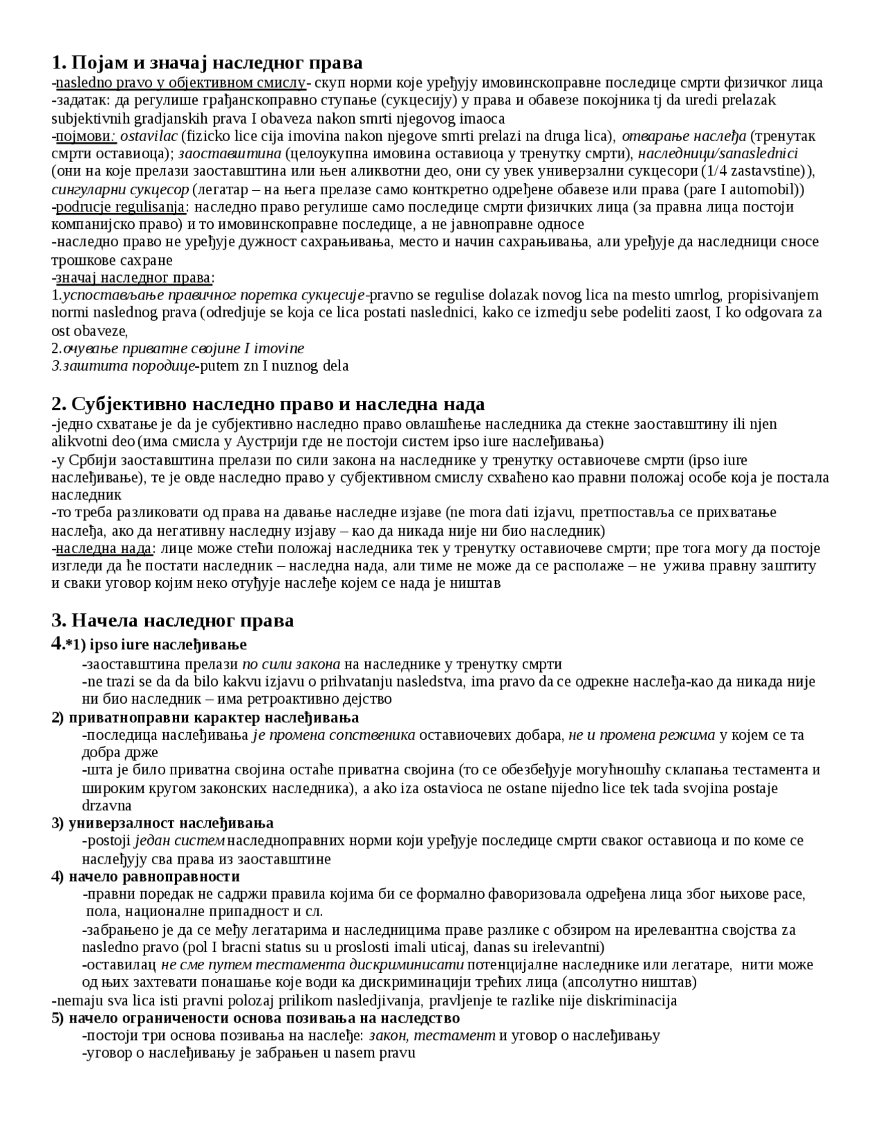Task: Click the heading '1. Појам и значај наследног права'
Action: [207, 63]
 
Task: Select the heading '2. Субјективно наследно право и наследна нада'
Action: [268, 404]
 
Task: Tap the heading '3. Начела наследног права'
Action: [173, 620]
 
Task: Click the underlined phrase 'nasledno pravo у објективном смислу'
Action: [180, 83]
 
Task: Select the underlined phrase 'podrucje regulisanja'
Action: [120, 207]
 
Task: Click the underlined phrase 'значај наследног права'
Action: [133, 278]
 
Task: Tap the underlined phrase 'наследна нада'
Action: [104, 548]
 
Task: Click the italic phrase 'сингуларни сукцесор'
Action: [120, 189]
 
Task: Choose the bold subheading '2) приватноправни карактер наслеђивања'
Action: [205, 718]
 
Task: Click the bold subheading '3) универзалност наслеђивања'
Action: [162, 823]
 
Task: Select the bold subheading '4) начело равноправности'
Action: [146, 877]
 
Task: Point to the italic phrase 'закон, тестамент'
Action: [432, 1036]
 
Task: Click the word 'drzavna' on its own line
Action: [106, 806]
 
